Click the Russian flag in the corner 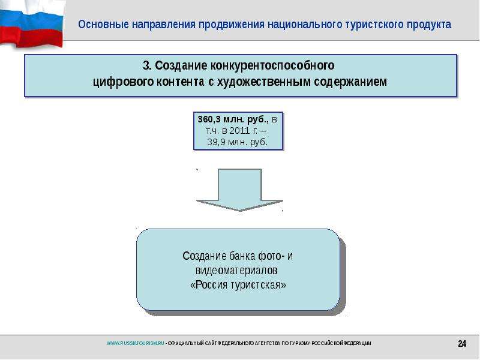click(x=32, y=24)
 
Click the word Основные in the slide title click(x=103, y=25)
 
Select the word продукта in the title click(x=429, y=25)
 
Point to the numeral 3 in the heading click(x=146, y=65)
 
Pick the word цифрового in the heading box click(x=123, y=82)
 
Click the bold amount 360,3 click(x=209, y=119)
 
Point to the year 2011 click(x=239, y=131)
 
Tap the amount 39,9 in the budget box click(x=216, y=142)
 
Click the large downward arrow click(x=239, y=190)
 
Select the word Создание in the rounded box click(x=205, y=256)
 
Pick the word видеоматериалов click(x=236, y=271)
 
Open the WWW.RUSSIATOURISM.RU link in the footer click(x=136, y=343)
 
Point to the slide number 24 click(x=462, y=343)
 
